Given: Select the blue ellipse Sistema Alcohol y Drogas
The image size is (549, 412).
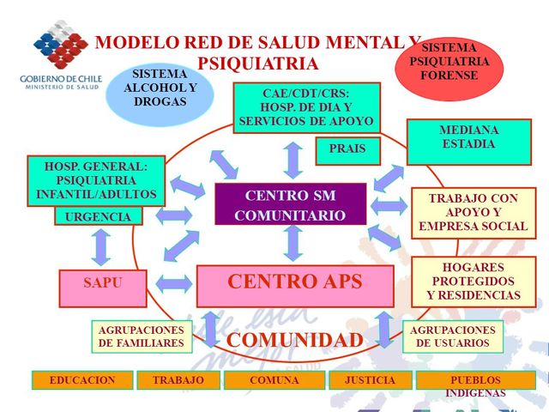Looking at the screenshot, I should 160,88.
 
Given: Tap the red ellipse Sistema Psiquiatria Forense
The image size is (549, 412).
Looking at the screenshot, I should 449,63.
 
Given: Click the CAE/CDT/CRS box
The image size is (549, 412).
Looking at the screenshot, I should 294,107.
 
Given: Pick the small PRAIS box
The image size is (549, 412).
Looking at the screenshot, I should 347,149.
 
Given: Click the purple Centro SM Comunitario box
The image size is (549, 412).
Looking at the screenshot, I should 290,204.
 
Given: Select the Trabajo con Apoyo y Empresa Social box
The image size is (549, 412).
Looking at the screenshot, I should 473,212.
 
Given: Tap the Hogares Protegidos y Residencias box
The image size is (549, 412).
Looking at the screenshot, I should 473,282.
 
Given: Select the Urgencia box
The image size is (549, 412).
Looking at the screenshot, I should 98,216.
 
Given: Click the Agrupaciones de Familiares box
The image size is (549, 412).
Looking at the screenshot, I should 141,336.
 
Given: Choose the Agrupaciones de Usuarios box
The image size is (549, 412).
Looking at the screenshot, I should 453,336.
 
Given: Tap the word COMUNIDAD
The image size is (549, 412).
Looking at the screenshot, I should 294,340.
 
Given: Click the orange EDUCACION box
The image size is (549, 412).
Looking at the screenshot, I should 82,379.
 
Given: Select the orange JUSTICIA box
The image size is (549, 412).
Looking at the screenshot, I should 370,379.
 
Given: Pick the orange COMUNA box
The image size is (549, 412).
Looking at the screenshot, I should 274,379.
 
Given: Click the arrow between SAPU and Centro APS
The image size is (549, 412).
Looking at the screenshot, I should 174,283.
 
